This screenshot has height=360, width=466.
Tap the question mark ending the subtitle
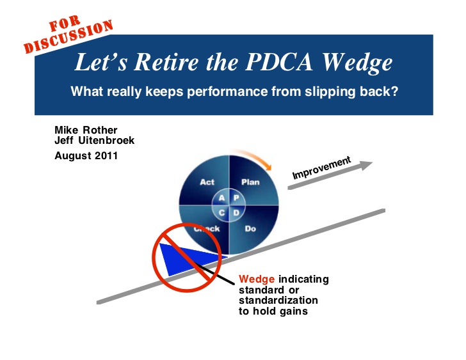pos(395,91)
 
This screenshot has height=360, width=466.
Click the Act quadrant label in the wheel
pos(207,182)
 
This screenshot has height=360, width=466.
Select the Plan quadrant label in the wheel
pos(250,182)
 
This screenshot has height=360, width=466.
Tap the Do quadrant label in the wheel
pos(250,228)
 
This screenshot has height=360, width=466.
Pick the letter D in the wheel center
pos(236,212)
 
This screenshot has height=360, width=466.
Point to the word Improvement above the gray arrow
pos(321,168)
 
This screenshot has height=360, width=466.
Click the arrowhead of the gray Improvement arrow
pos(367,165)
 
